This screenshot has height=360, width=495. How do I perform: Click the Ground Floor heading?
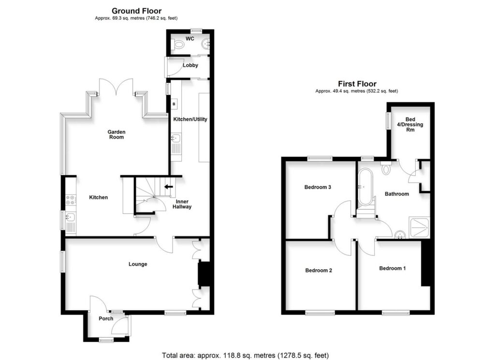(136, 11)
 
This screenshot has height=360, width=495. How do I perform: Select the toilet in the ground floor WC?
(179, 45)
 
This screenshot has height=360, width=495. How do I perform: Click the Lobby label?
(190, 65)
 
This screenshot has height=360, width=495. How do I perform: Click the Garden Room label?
(116, 134)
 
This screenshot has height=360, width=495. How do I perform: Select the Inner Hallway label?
(184, 204)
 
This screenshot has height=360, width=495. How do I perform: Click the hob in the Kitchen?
(71, 198)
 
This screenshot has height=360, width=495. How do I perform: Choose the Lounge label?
(138, 264)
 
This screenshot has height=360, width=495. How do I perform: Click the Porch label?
(106, 318)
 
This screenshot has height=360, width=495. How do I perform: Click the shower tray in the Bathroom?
(419, 227)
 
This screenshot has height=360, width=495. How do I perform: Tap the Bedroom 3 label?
(318, 187)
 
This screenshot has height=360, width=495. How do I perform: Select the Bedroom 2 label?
(319, 271)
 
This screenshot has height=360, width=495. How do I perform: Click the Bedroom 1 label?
(392, 268)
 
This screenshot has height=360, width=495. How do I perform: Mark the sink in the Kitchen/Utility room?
(175, 140)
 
